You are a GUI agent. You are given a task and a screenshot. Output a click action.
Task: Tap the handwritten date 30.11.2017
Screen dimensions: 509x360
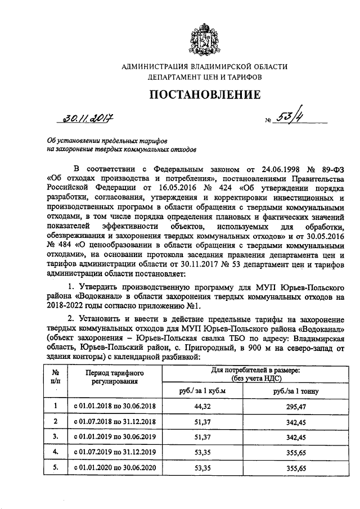[x=88, y=119]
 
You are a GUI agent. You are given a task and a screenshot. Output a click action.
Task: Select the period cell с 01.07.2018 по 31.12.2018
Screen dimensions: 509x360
[x=115, y=421]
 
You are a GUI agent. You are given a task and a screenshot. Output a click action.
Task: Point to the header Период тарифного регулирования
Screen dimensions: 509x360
[x=115, y=377]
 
